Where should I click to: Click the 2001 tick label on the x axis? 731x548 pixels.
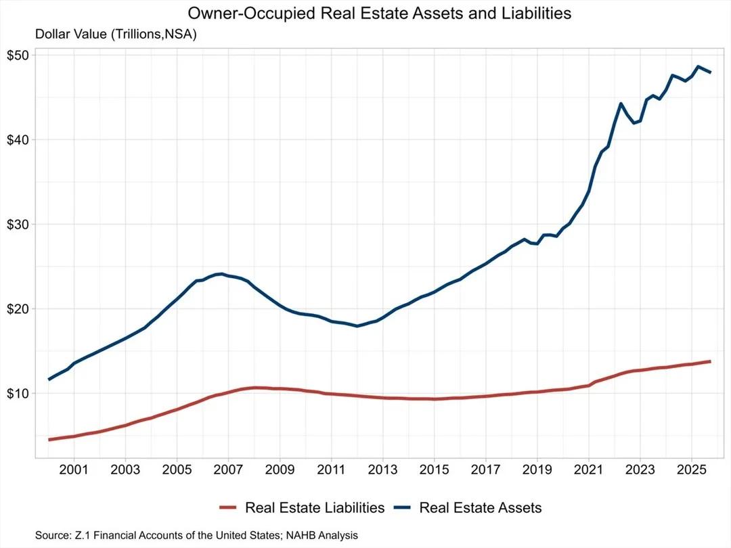pos(73,469)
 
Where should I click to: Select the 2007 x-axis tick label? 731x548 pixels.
pos(228,469)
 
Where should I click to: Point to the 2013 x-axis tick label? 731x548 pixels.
pos(382,469)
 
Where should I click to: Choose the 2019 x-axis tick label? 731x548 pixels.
pos(537,469)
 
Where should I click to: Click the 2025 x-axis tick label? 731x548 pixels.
pos(692,469)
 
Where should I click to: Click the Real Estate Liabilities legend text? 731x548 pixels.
pos(315,507)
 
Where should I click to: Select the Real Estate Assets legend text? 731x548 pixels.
pos(481,507)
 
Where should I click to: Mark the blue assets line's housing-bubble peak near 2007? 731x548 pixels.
pos(221,274)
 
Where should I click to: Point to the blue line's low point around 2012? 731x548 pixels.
pos(357,326)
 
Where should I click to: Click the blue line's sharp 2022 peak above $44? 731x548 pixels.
pos(621,104)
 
